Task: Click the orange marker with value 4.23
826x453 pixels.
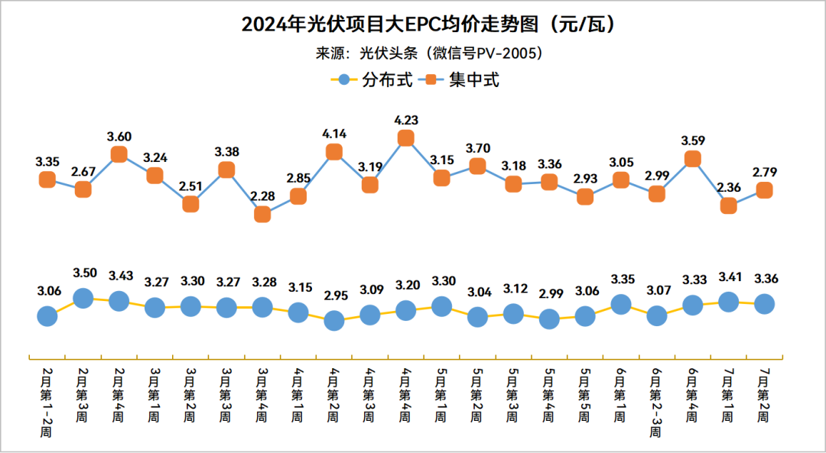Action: tap(406, 138)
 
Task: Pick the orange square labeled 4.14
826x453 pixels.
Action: tap(334, 152)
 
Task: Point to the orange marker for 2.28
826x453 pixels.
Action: tap(262, 215)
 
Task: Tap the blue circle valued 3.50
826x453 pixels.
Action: tap(83, 298)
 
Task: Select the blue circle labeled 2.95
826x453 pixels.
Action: tap(334, 321)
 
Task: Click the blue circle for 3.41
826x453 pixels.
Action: tap(729, 302)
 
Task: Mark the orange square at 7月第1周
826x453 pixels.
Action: tap(729, 205)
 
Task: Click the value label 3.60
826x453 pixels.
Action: tap(119, 137)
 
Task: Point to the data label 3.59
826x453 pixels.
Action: tap(693, 141)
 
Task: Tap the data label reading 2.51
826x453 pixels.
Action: tap(190, 186)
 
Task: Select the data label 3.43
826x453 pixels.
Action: tap(119, 275)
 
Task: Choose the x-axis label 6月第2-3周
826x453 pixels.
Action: tap(656, 400)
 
